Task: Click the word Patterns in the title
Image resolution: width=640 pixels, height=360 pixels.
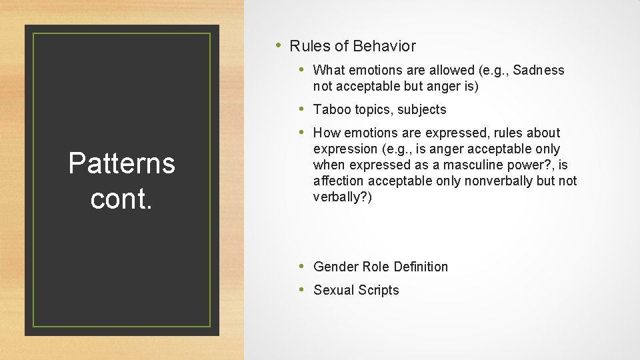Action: (x=121, y=163)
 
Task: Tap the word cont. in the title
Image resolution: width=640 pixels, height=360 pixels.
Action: (x=121, y=199)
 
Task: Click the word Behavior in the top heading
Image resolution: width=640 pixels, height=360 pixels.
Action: (x=384, y=46)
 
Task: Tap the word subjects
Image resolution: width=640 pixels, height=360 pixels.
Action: (x=421, y=109)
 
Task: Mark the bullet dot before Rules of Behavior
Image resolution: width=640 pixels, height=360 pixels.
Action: (x=278, y=45)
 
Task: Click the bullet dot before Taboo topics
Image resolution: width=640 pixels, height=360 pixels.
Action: (x=302, y=109)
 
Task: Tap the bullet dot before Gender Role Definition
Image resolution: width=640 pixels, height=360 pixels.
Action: (x=302, y=266)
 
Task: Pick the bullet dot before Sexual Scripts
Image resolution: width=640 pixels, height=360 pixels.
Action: (x=302, y=289)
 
